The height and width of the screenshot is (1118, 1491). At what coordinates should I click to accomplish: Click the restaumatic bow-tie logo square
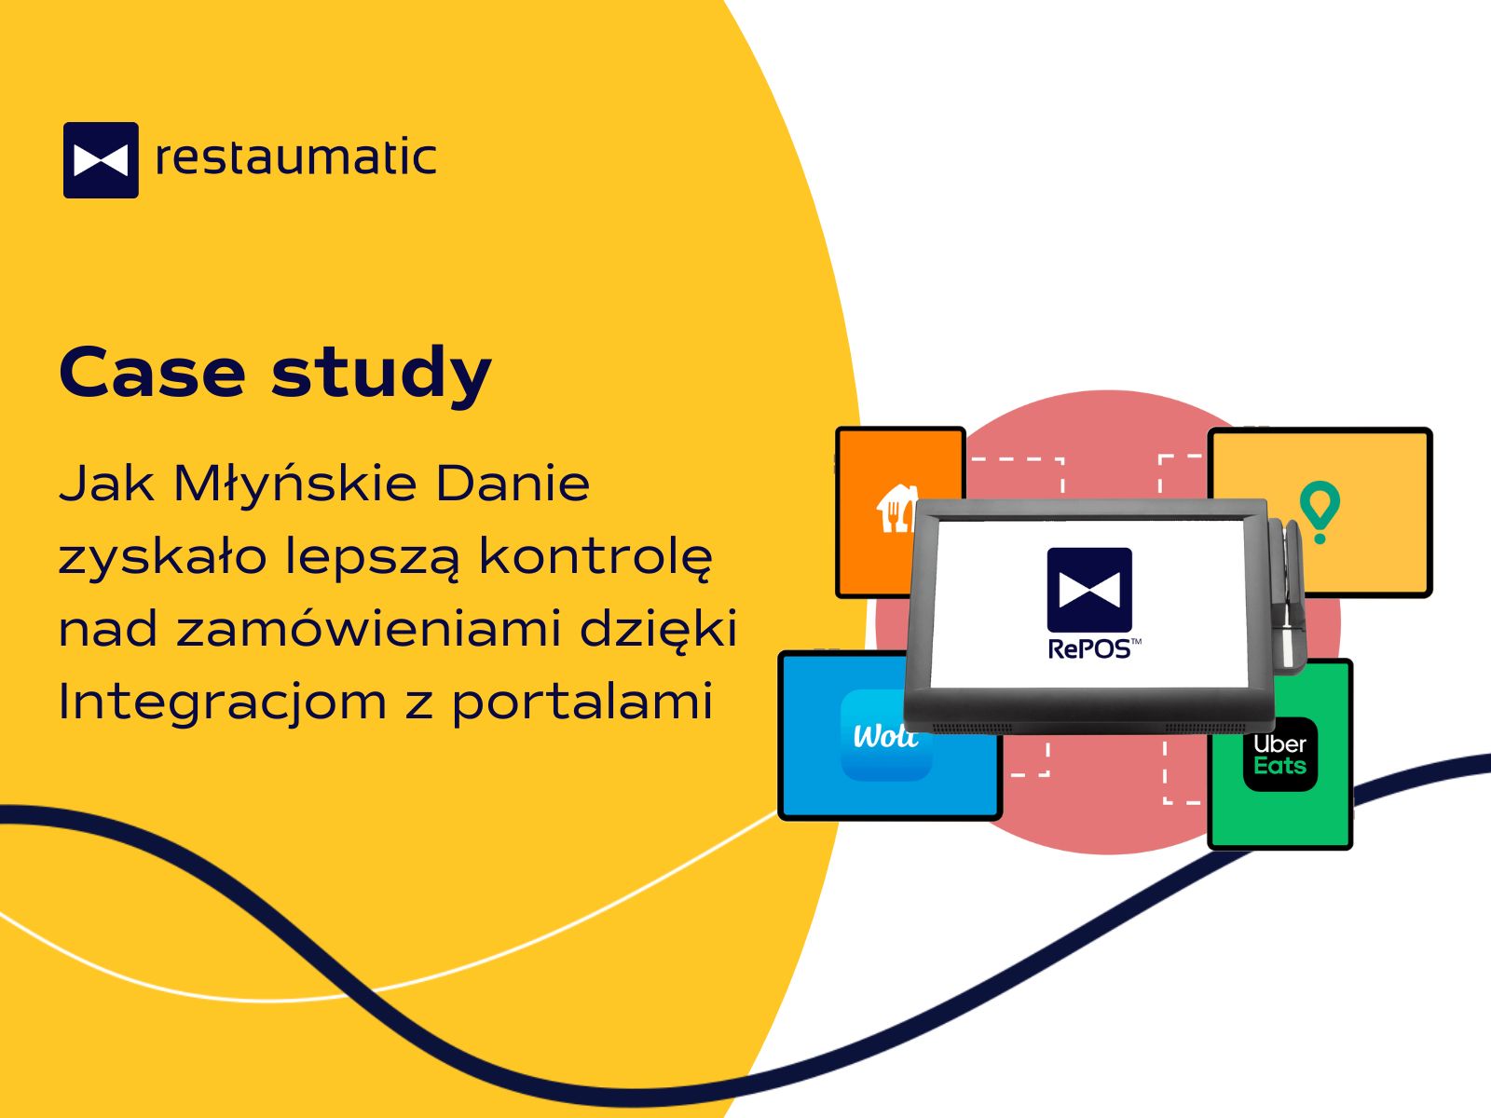click(x=101, y=160)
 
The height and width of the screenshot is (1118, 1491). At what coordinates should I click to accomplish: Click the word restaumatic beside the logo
click(x=295, y=157)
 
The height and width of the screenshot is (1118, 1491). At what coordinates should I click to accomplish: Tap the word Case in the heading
click(x=152, y=372)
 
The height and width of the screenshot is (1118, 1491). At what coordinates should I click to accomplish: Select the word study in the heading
click(x=381, y=375)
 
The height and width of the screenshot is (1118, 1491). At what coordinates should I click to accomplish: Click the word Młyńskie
click(x=294, y=484)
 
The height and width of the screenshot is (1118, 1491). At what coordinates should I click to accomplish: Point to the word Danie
click(x=513, y=484)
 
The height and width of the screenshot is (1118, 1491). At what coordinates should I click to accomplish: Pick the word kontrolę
click(x=595, y=557)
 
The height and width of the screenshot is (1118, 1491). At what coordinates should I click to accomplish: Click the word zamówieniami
click(x=369, y=628)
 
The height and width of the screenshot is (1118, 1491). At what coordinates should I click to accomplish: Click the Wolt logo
click(x=886, y=735)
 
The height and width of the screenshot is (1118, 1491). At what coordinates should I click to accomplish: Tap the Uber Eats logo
click(x=1279, y=754)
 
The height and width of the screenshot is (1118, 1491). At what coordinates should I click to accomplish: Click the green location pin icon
click(x=1320, y=511)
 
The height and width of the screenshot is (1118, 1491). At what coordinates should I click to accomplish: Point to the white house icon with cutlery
click(x=896, y=509)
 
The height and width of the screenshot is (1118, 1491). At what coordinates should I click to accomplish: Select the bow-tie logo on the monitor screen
click(x=1089, y=589)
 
